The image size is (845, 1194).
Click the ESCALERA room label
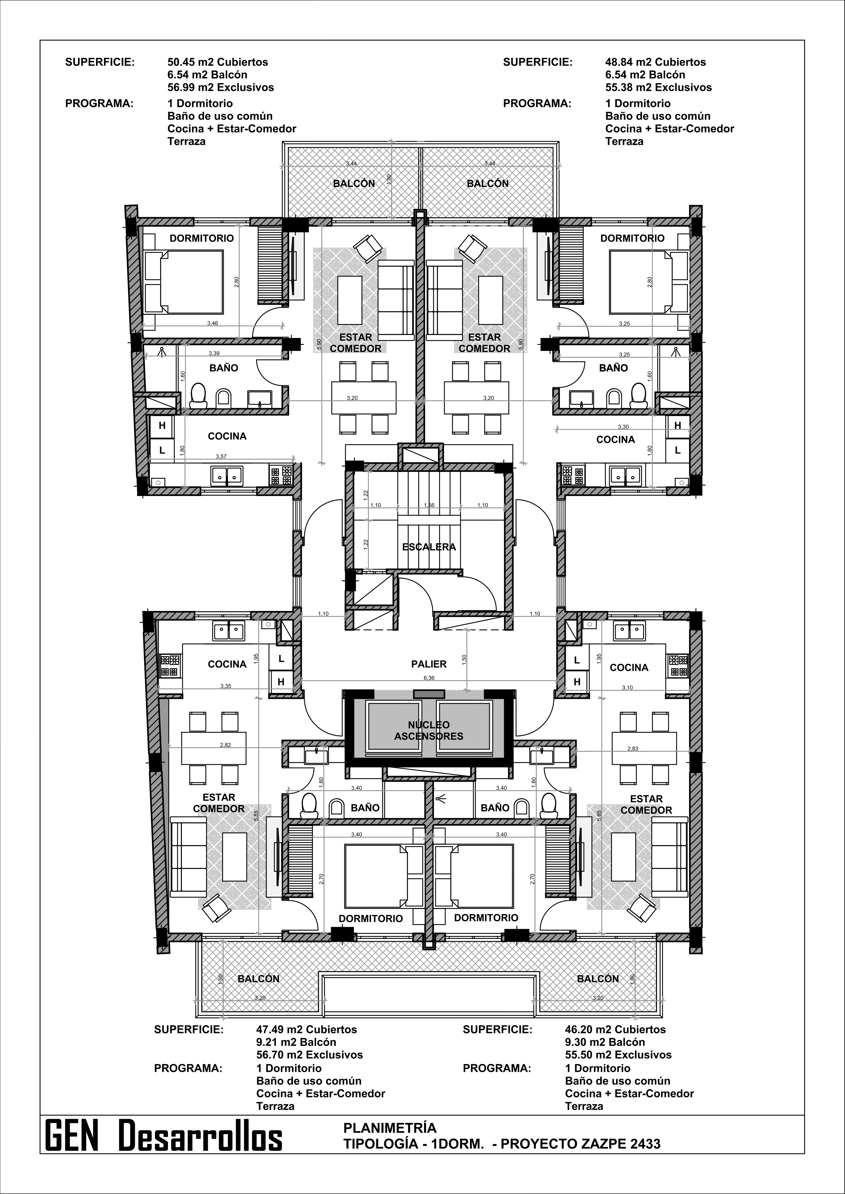point(429,547)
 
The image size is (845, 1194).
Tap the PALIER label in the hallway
point(429,664)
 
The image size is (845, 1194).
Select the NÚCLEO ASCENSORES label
point(429,730)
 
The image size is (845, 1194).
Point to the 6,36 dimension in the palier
point(429,678)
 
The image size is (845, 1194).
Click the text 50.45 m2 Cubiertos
point(218,62)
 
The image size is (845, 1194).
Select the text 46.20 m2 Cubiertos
point(615,1029)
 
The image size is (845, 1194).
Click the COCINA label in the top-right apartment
point(615,439)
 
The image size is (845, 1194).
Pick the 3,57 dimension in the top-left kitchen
point(222,456)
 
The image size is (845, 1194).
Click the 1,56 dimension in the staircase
point(429,505)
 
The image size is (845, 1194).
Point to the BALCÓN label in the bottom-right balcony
point(598,978)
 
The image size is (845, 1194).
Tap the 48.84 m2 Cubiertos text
point(656,62)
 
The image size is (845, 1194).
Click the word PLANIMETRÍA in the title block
point(390,1127)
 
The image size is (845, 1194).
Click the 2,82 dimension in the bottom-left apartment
point(225,745)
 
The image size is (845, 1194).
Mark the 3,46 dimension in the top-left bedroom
point(212,323)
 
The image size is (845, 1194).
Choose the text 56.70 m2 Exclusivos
point(310,1055)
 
